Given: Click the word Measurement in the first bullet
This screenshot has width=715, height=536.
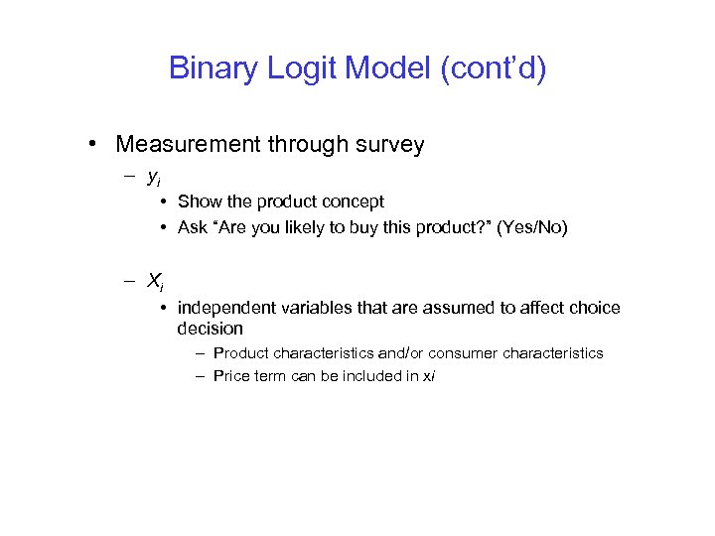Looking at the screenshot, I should (188, 145).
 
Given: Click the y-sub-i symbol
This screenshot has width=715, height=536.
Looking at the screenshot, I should (154, 179).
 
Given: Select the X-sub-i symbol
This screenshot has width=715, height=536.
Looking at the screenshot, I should (155, 283).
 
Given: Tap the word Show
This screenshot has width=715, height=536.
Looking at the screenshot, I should (201, 201).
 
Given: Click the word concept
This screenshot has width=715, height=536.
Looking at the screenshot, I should (352, 201).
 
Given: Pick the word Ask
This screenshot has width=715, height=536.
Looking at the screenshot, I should (193, 227).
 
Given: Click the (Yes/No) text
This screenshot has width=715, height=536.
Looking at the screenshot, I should (532, 227).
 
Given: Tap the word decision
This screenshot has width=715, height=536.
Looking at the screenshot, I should (210, 329).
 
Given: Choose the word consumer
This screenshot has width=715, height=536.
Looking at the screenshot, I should (466, 353).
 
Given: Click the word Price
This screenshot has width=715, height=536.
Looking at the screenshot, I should (231, 376).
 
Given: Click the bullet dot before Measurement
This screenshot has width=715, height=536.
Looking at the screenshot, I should (91, 146).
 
